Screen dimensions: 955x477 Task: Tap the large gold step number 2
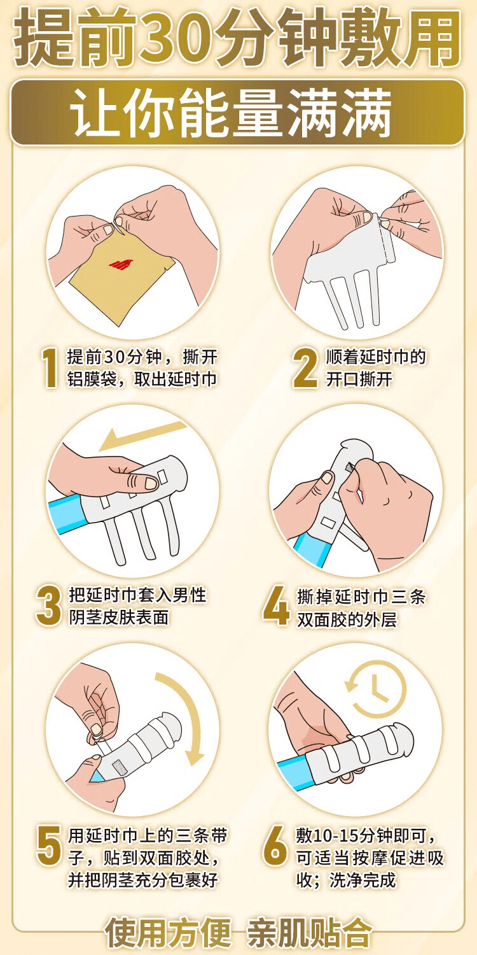pyautogui.click(x=305, y=368)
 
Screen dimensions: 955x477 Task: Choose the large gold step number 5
pyautogui.click(x=49, y=846)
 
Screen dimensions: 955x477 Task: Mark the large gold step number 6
pyautogui.click(x=275, y=846)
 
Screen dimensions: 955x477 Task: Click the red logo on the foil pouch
pyautogui.click(x=119, y=262)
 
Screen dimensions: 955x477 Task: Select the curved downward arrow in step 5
pyautogui.click(x=184, y=716)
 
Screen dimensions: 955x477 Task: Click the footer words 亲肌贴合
pyautogui.click(x=309, y=933)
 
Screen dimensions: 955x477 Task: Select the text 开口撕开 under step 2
pyautogui.click(x=359, y=379)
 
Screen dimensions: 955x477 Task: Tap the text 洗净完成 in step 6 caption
pyautogui.click(x=366, y=880)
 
